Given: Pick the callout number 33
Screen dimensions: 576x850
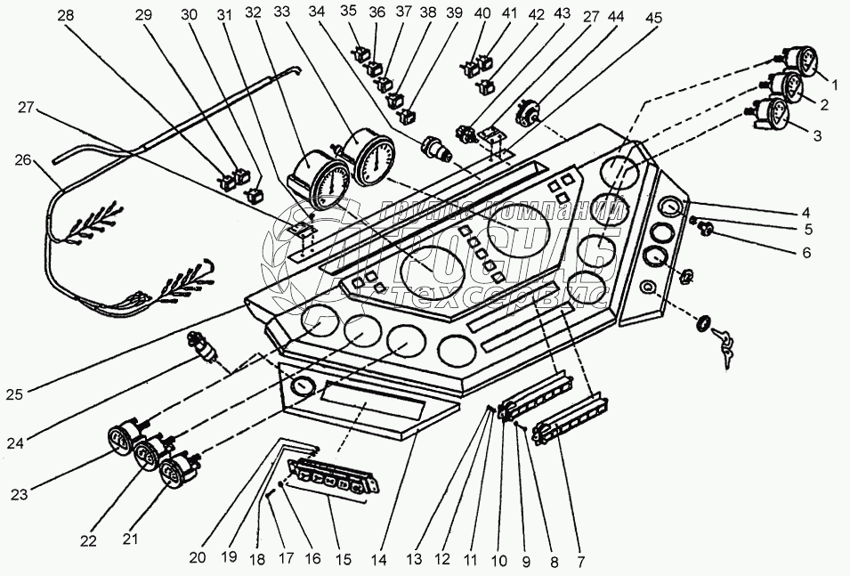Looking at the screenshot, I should (281, 13).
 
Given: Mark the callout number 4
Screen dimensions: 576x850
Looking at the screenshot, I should (805, 213).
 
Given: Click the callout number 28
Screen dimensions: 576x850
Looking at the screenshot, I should (67, 15).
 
